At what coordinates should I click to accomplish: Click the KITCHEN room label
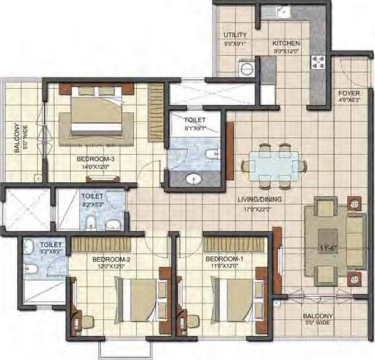tap(286, 43)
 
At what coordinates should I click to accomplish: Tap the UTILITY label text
tap(235, 35)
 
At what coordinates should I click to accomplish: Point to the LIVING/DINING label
tap(259, 200)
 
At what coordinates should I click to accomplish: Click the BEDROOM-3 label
tap(96, 159)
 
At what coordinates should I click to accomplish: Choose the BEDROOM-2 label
tap(111, 259)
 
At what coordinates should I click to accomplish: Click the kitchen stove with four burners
tap(318, 62)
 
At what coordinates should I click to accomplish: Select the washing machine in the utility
tap(245, 68)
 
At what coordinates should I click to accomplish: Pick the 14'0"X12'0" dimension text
tap(96, 165)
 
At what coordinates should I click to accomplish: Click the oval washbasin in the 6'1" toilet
tap(192, 179)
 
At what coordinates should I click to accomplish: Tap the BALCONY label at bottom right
tap(317, 316)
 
